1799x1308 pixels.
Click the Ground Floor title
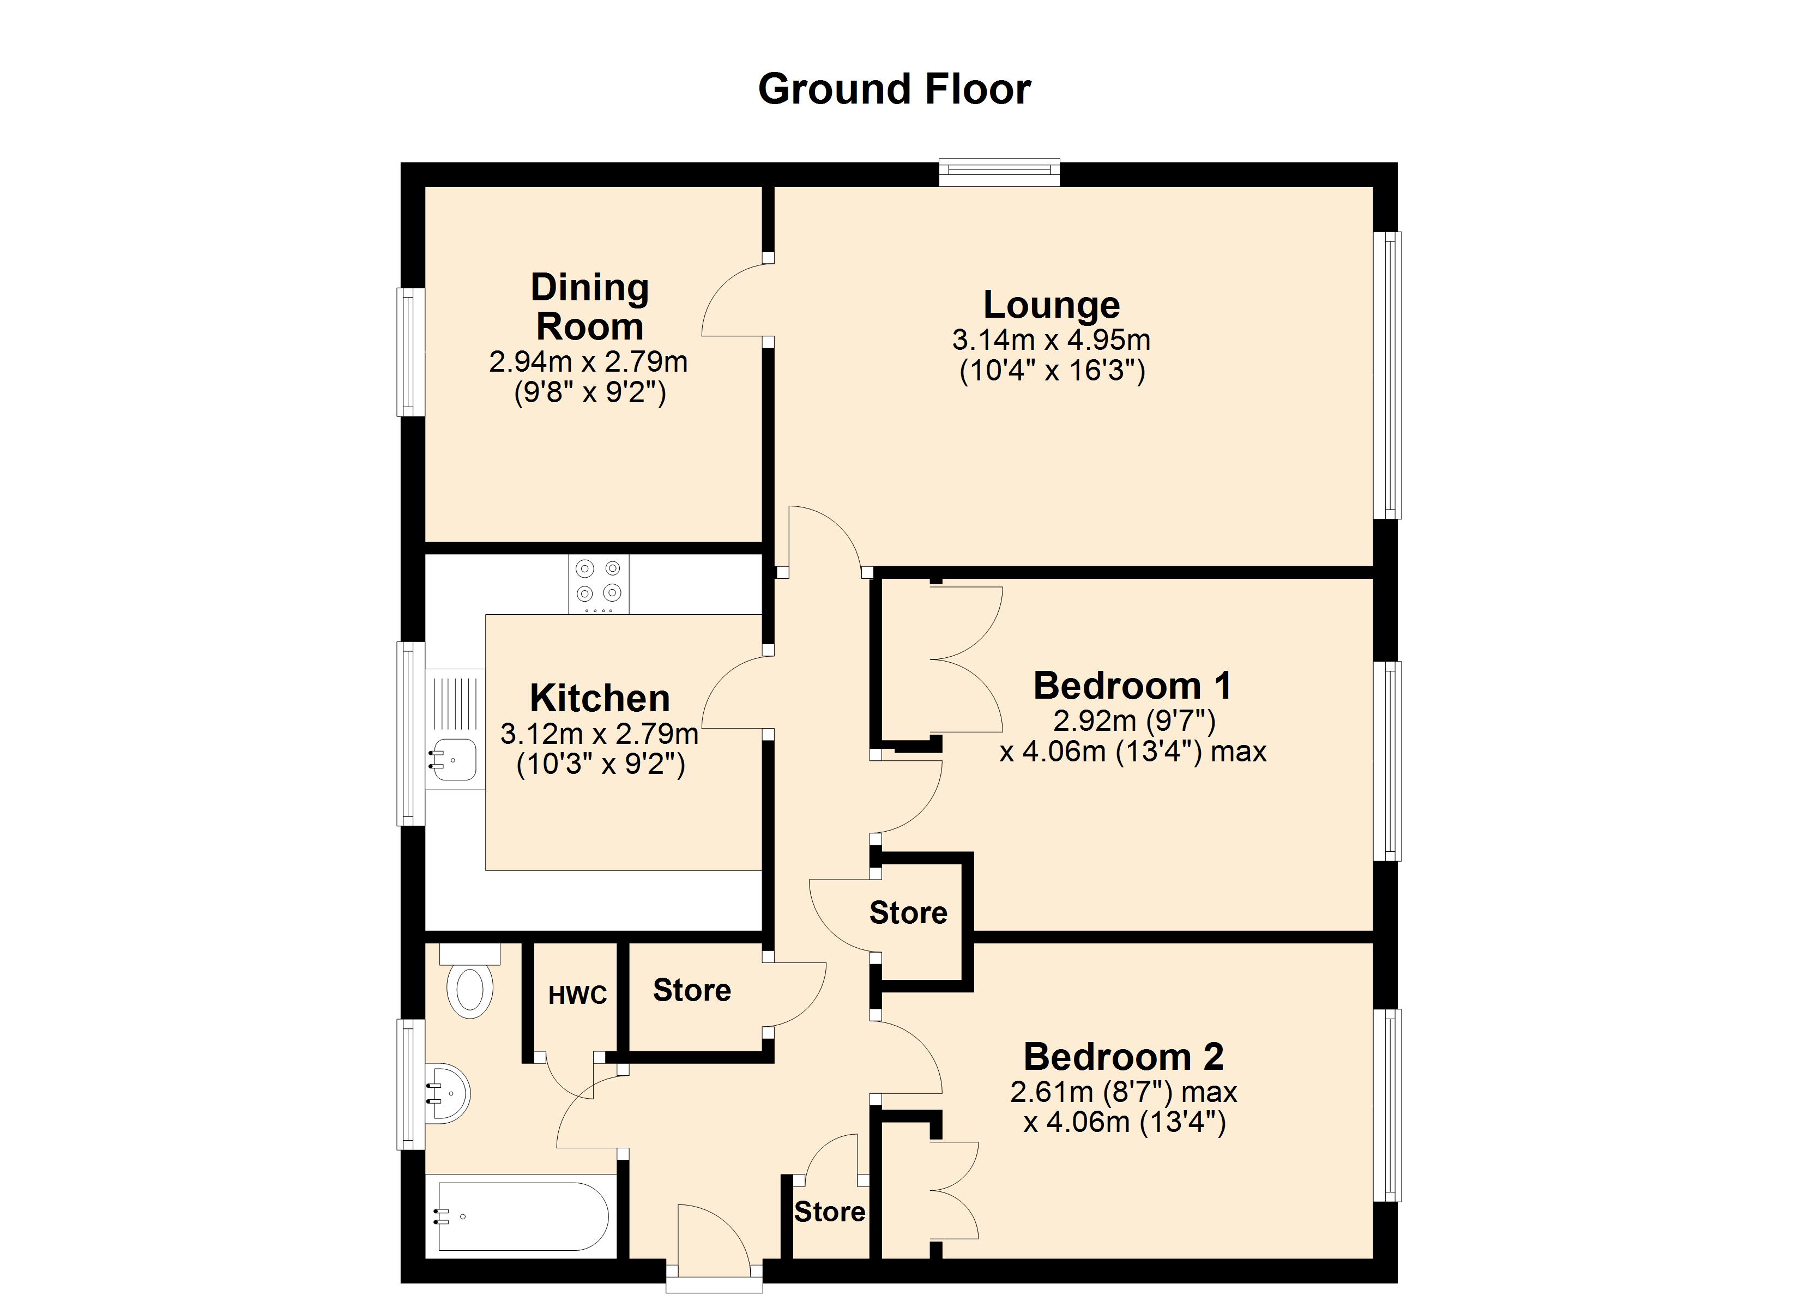click(894, 89)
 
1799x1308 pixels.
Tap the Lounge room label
click(1051, 305)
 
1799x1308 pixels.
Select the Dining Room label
click(589, 307)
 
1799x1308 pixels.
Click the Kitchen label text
click(600, 699)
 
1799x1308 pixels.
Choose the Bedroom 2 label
click(1123, 1057)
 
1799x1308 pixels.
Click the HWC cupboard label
click(577, 995)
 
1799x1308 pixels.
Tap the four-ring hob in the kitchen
click(599, 584)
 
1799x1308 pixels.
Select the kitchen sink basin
click(454, 759)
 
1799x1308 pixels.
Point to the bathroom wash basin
click(448, 1094)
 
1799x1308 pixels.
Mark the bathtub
click(522, 1216)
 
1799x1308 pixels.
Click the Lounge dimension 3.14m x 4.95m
click(1051, 340)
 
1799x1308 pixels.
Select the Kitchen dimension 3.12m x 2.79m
click(600, 734)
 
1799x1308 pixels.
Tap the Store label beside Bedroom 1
click(908, 913)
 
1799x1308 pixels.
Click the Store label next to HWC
click(692, 990)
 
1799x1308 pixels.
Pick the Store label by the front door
click(830, 1211)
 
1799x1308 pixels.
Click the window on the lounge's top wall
click(999, 172)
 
